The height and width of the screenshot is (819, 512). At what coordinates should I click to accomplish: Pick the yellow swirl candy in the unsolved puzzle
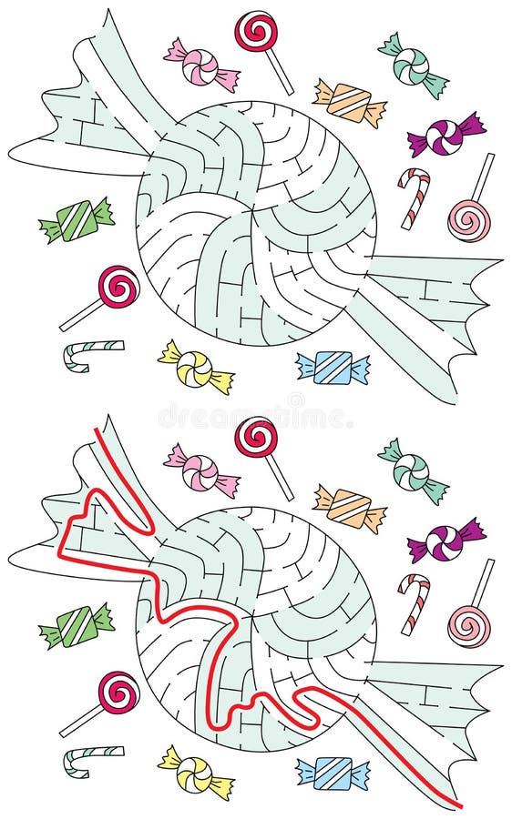tap(195, 366)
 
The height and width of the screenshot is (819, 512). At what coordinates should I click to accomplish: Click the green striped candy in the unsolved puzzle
tap(77, 220)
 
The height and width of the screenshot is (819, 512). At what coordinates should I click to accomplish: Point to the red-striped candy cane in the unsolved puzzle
tap(414, 196)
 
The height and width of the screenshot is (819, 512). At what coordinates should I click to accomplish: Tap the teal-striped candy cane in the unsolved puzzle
tap(91, 354)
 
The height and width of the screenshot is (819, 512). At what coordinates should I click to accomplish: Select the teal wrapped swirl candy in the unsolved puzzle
tap(413, 65)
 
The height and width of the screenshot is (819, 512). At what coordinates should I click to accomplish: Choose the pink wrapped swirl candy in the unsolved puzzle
tap(201, 66)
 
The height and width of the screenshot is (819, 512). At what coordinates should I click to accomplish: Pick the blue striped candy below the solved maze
tap(333, 773)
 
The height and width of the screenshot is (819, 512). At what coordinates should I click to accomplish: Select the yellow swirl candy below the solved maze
tap(195, 772)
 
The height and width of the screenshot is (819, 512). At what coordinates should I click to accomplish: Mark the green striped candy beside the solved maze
tap(77, 626)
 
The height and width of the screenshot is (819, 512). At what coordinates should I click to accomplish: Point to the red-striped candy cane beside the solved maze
tap(414, 602)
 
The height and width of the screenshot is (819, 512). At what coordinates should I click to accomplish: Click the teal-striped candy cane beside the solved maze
tap(91, 760)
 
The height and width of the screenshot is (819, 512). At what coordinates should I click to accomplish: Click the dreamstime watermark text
tap(255, 416)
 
